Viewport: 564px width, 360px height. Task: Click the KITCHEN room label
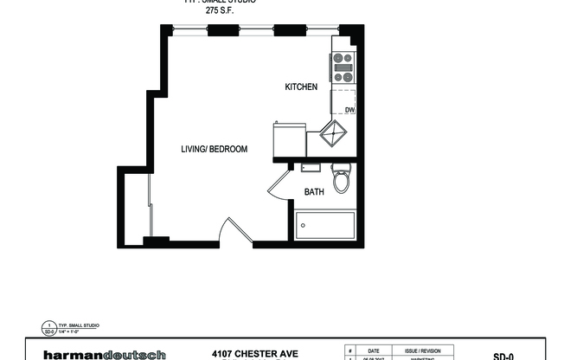[x=302, y=87]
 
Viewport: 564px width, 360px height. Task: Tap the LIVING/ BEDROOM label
[x=214, y=149]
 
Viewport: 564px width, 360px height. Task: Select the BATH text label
[x=313, y=192]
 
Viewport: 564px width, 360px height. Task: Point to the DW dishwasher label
[x=349, y=110]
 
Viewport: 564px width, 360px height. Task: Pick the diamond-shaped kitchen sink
[x=334, y=134]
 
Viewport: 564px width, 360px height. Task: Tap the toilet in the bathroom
[x=341, y=180]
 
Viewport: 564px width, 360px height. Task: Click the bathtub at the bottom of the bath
[x=325, y=226]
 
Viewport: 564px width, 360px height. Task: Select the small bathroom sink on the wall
[x=310, y=167]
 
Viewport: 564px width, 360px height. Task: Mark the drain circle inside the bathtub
[x=302, y=227]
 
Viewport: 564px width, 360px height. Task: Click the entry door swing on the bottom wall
[x=229, y=232]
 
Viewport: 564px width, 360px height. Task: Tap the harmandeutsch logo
[x=106, y=354]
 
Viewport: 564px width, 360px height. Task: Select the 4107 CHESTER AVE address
[x=255, y=353]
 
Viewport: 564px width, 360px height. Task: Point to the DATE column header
[x=374, y=350]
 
